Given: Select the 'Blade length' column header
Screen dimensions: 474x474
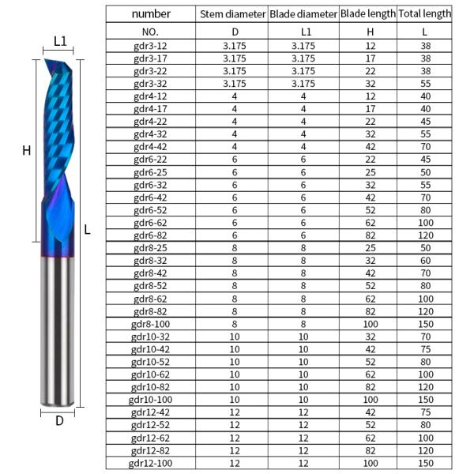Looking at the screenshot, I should (x=367, y=13).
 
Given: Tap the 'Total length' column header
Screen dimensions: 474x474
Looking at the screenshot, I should (x=425, y=13).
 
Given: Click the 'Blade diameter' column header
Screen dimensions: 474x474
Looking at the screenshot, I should (x=303, y=13).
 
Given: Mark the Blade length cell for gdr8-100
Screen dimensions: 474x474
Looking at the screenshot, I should (x=367, y=323).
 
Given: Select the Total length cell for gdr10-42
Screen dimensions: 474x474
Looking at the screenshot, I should (x=425, y=348).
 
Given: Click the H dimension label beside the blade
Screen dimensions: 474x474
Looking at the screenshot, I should (x=26, y=150).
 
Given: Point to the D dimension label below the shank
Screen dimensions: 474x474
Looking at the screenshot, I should (x=59, y=420).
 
